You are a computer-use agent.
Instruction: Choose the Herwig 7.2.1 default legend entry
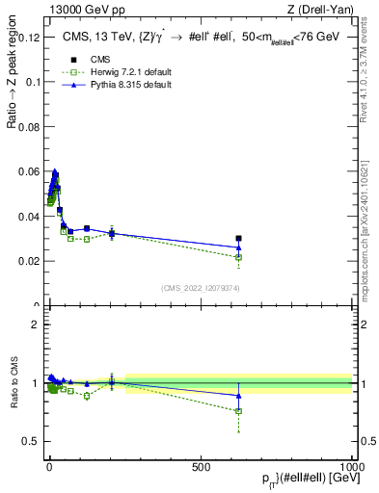tap(117, 73)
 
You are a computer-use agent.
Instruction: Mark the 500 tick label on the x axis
tap(201, 464)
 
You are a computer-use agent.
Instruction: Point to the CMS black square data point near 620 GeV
tap(238, 238)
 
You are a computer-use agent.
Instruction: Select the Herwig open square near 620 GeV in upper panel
tap(238, 257)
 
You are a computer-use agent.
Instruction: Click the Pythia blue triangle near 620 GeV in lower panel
tap(238, 395)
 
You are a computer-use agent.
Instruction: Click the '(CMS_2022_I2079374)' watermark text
tap(201, 287)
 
